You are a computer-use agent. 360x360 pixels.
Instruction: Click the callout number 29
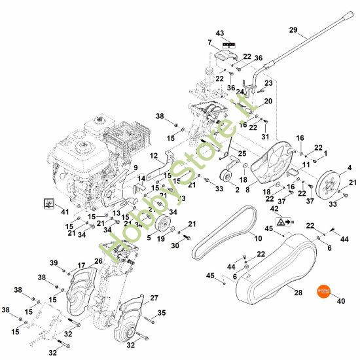pyautogui.click(x=293, y=29)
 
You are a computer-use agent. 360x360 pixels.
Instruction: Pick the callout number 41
pyautogui.click(x=64, y=212)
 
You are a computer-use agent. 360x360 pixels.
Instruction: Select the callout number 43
pyautogui.click(x=219, y=33)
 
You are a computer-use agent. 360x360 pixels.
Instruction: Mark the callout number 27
pyautogui.click(x=154, y=298)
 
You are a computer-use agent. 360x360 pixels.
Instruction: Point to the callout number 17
pyautogui.click(x=82, y=265)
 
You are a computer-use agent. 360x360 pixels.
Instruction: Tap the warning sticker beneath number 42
pyautogui.click(x=281, y=223)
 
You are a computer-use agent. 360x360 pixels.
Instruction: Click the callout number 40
pyautogui.click(x=340, y=302)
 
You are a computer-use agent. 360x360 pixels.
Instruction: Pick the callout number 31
pyautogui.click(x=265, y=137)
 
